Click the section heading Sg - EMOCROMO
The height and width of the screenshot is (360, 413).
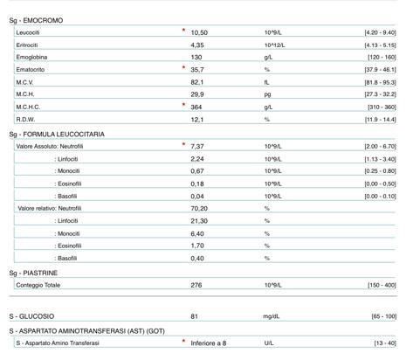[36, 19]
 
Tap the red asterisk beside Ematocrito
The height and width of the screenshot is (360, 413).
[183, 67]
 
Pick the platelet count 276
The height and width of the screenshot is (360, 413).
[196, 285]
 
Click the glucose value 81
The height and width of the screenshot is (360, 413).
[194, 315]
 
